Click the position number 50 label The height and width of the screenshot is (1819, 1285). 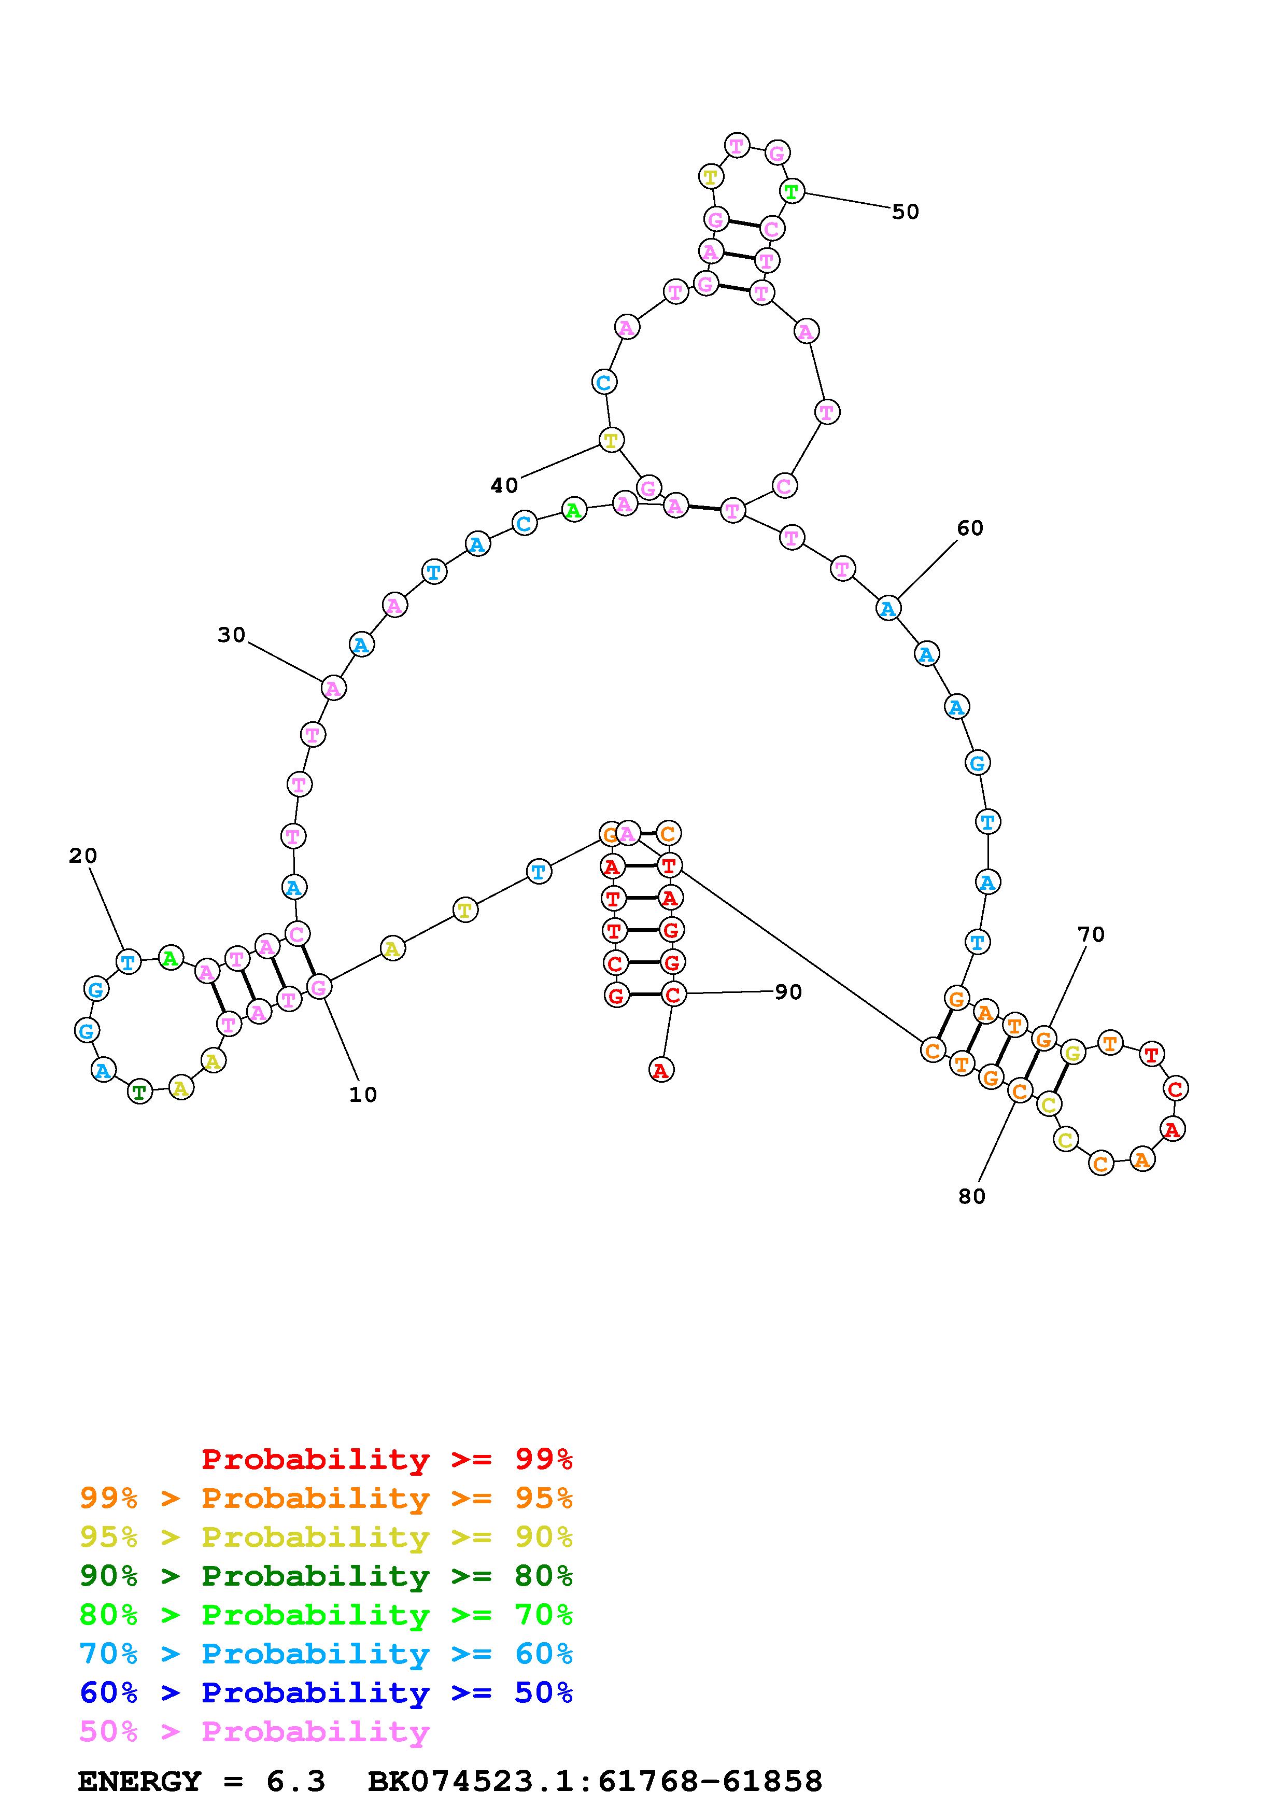(905, 212)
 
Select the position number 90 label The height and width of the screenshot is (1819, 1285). (788, 992)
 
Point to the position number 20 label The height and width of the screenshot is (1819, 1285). (82, 856)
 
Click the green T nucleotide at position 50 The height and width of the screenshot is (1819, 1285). (792, 191)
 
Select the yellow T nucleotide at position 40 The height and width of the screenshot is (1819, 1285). (611, 440)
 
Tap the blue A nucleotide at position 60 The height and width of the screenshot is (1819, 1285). (888, 608)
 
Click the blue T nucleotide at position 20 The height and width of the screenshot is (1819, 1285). (128, 962)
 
